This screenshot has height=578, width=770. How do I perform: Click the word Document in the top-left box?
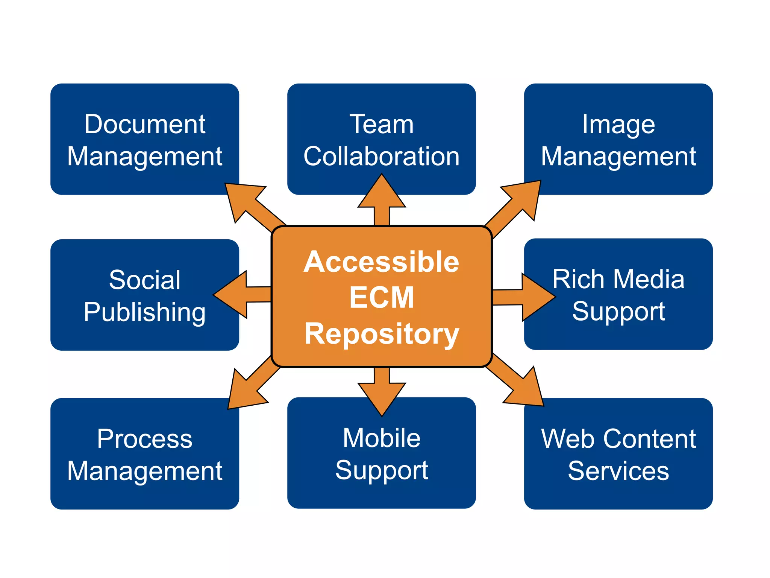pyautogui.click(x=145, y=124)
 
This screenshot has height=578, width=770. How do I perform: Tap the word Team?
pyautogui.click(x=382, y=124)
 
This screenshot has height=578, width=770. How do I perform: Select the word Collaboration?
pyautogui.click(x=382, y=156)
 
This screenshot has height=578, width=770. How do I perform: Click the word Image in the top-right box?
pyautogui.click(x=618, y=124)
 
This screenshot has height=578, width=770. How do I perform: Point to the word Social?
pyautogui.click(x=145, y=280)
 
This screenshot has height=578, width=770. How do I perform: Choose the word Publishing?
pyautogui.click(x=145, y=312)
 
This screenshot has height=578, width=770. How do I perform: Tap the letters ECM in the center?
pyautogui.click(x=382, y=297)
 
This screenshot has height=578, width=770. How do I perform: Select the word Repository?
pyautogui.click(x=382, y=334)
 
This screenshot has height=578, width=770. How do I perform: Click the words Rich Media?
pyautogui.click(x=618, y=279)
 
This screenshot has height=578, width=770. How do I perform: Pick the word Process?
pyautogui.click(x=145, y=439)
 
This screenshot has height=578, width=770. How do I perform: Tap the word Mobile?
pyautogui.click(x=382, y=438)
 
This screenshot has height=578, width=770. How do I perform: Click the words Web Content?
pyautogui.click(x=618, y=439)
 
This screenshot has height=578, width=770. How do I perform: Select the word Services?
pyautogui.click(x=618, y=471)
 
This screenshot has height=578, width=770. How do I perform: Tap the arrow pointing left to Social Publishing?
pyautogui.click(x=237, y=295)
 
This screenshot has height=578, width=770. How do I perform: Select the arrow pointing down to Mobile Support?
pyautogui.click(x=382, y=393)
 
